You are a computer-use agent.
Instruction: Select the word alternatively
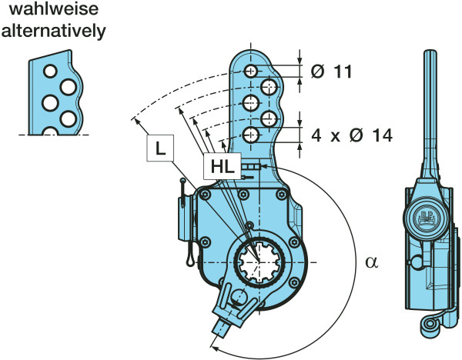pyautogui.click(x=54, y=32)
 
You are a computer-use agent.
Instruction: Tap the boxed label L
pyautogui.click(x=159, y=150)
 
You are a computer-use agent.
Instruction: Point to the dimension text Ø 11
pyautogui.click(x=332, y=72)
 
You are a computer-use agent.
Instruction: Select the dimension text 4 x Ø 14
pyautogui.click(x=352, y=135)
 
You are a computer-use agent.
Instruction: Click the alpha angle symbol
pyautogui.click(x=372, y=262)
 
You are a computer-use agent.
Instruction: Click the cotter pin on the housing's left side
pyautogui.click(x=185, y=223)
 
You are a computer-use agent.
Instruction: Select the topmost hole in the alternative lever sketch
pyautogui.click(x=50, y=71)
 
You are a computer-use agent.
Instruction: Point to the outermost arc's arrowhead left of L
pyautogui.click(x=135, y=118)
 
